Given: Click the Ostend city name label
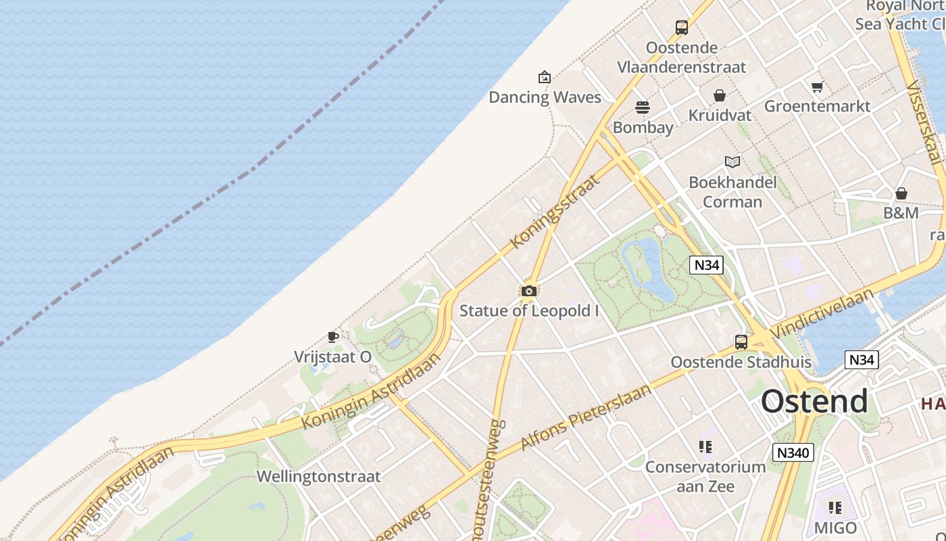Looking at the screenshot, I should coord(814,401).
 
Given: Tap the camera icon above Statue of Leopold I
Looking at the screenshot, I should coord(529,291).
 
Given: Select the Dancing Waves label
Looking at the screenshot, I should coord(545,97).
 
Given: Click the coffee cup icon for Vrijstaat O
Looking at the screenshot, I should coord(332,337).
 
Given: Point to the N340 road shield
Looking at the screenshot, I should coord(793,452).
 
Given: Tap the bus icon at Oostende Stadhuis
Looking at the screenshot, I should coord(741,342).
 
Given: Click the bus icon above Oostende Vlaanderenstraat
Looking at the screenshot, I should coord(682,28).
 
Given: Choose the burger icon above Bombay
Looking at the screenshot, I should coord(642,108).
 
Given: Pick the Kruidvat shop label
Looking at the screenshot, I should coord(720,116).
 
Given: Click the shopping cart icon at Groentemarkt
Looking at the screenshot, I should coord(818,87).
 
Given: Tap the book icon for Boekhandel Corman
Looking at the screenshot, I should coord(732,162).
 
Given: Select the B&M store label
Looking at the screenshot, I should coord(901,213).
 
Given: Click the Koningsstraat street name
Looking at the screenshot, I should coord(555,211).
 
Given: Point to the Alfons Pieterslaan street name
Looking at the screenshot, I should coord(586,417).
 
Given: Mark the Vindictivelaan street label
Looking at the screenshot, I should coord(822,313).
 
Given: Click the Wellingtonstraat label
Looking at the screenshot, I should coord(318,477).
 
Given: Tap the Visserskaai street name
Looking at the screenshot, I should coord(924,122).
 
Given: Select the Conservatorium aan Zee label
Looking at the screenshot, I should coord(705,477).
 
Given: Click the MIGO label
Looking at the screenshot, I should coord(835,527).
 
